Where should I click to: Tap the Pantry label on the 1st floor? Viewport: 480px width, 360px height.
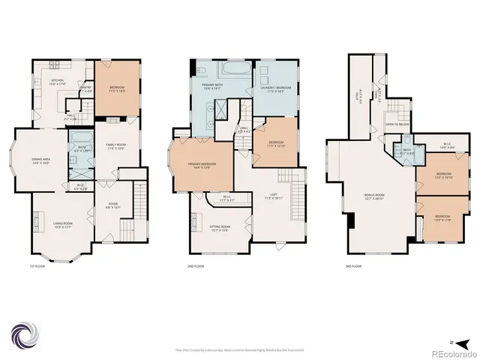[x=85, y=89]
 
